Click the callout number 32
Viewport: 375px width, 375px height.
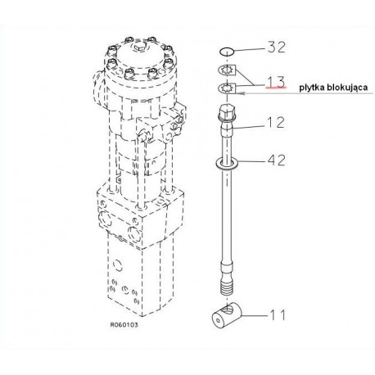point(276,47)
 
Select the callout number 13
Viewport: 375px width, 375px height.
point(276,82)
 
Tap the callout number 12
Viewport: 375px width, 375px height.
point(276,122)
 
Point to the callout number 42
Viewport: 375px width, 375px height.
point(276,160)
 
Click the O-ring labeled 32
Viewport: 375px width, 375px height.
point(227,51)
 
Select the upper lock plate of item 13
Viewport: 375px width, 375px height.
point(227,70)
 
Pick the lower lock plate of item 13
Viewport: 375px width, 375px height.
point(227,88)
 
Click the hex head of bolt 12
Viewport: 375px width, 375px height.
point(227,112)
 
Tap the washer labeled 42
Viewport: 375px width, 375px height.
point(227,164)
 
